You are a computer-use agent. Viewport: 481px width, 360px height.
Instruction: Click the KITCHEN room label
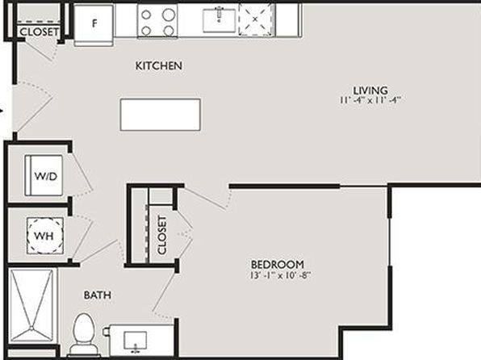[159, 65]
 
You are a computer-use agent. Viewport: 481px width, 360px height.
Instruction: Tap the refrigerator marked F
[94, 25]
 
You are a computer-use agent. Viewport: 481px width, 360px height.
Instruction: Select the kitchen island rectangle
[161, 115]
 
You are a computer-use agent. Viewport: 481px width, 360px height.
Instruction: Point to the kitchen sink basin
[219, 20]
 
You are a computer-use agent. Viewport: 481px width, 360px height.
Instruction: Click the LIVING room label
[370, 90]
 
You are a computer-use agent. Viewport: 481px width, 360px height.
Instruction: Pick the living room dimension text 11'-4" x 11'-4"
[370, 100]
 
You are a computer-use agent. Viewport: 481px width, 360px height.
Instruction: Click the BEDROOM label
[278, 264]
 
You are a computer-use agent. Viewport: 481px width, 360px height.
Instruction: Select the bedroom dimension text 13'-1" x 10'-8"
[281, 275]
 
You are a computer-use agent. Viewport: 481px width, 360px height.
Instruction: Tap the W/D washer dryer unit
[44, 175]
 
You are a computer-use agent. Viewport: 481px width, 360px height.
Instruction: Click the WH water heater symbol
[45, 236]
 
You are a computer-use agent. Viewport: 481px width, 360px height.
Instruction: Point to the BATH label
[98, 295]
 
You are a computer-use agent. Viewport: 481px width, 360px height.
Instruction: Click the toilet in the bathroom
[84, 334]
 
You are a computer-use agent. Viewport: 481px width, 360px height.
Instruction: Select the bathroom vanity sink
[136, 341]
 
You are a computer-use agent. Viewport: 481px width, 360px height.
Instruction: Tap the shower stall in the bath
[31, 305]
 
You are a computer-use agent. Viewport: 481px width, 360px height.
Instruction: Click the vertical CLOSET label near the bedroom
[161, 235]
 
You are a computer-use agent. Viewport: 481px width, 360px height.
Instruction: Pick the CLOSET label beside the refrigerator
[39, 32]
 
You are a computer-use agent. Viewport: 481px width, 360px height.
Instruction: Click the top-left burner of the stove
[146, 15]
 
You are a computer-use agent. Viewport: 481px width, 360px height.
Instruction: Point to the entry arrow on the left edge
[2, 111]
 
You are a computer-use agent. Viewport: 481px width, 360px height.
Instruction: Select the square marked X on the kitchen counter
[256, 19]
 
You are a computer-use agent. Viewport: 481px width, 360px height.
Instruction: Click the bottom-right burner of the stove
[169, 31]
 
